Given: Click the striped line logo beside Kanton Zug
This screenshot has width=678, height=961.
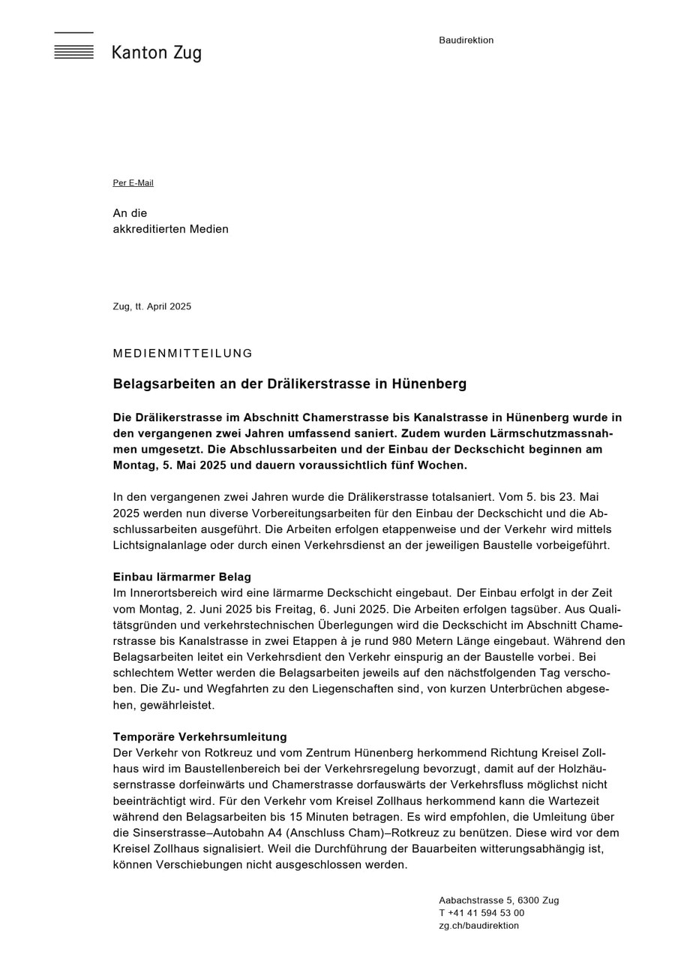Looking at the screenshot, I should click(x=73, y=47).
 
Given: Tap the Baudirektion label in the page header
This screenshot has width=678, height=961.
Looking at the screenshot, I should click(x=466, y=41).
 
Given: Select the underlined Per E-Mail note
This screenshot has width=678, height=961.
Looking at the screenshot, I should click(x=133, y=183).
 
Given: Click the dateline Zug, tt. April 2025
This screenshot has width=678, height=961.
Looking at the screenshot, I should click(x=151, y=306).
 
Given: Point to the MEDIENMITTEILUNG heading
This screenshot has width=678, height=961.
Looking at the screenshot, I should click(x=182, y=354).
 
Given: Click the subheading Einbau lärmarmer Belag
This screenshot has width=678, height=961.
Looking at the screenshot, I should click(x=181, y=577).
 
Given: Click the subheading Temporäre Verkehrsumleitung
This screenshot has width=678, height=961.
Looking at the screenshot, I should click(x=199, y=737).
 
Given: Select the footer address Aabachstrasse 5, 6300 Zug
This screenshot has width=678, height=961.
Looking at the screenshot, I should click(x=498, y=901).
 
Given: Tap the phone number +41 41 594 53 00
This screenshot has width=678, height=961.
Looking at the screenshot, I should click(x=486, y=914).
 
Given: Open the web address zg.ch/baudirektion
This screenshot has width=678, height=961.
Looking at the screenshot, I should click(x=478, y=926).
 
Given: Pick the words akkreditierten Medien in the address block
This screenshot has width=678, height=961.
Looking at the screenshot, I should click(x=170, y=230).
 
